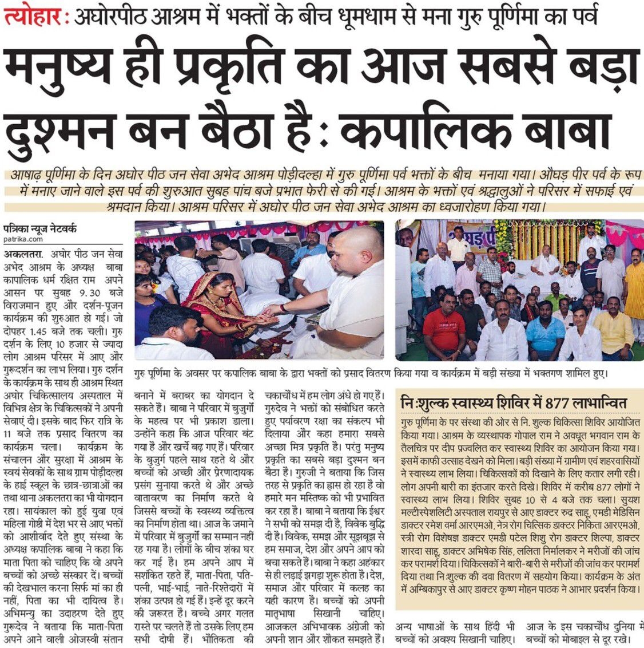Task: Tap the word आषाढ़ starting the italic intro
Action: tap(29, 175)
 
